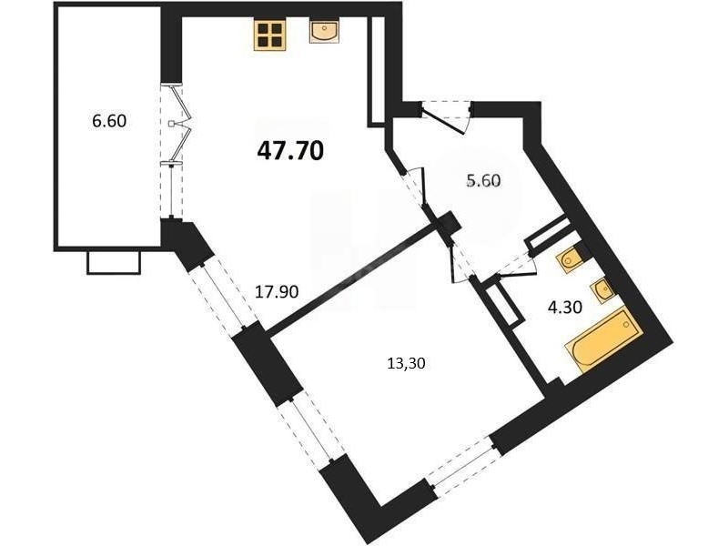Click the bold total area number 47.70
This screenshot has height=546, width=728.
[289, 150]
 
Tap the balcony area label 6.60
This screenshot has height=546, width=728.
[109, 121]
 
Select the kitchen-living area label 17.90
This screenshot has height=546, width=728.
[277, 291]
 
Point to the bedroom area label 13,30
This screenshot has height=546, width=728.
[406, 363]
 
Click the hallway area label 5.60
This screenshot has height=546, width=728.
[484, 180]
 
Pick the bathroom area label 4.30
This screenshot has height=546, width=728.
[565, 307]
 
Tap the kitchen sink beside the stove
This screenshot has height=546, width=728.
[325, 32]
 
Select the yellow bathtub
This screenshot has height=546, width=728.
[603, 340]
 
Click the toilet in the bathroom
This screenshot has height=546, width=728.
[571, 259]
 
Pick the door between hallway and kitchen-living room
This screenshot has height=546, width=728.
[417, 187]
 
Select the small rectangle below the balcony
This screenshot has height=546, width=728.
[114, 262]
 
